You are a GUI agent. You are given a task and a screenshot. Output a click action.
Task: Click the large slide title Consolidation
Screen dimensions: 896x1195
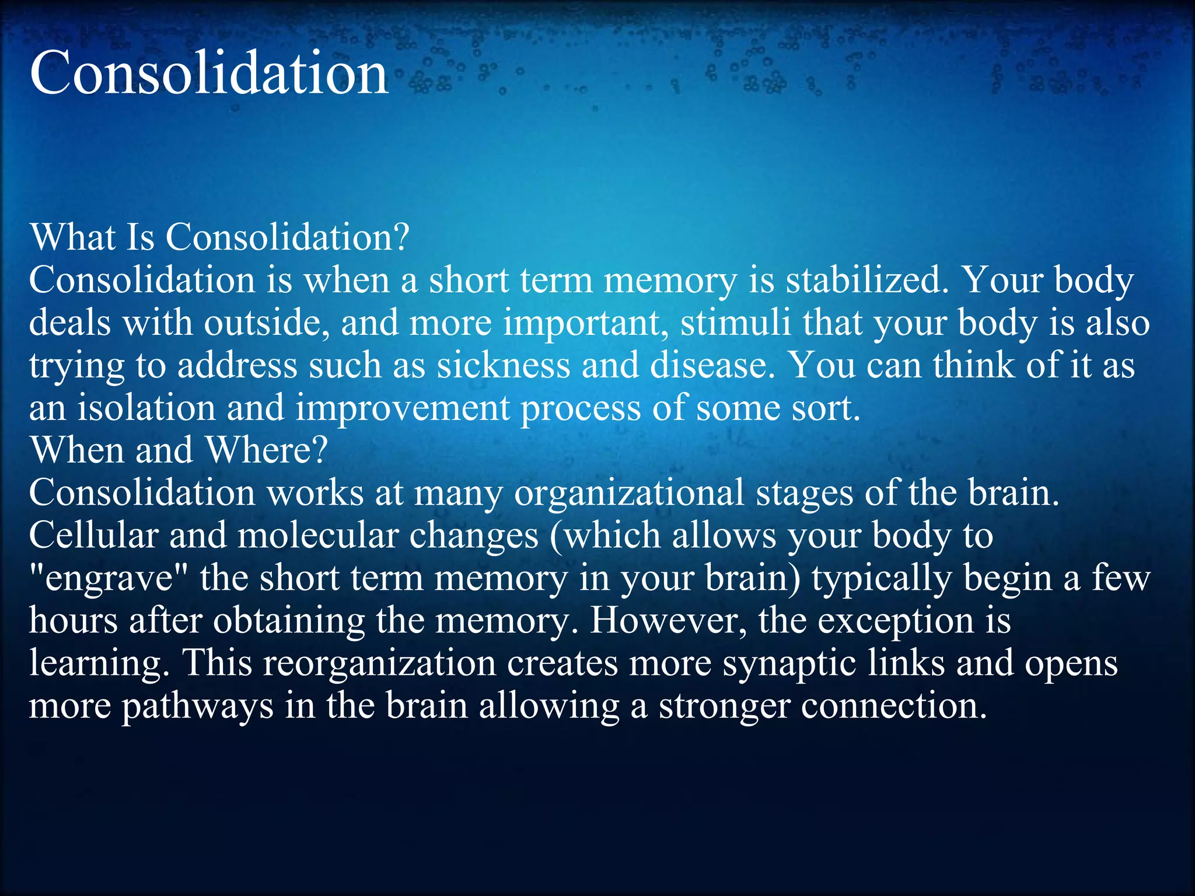point(208,73)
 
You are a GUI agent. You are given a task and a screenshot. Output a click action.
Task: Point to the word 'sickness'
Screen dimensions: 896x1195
point(504,366)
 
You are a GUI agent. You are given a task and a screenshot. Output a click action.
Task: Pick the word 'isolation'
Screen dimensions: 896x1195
point(146,408)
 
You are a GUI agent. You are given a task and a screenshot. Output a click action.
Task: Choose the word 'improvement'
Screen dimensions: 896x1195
point(403,408)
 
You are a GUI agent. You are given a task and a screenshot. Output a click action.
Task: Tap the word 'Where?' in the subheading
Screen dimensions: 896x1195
point(266,450)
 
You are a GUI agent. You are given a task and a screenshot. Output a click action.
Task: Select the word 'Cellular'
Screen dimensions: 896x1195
point(93,535)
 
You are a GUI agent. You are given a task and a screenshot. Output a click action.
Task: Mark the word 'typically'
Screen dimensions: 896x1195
point(882,579)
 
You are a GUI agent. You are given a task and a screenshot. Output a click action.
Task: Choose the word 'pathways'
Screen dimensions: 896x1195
point(197,706)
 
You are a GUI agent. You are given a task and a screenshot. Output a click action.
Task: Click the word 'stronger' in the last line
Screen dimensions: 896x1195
point(724,706)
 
